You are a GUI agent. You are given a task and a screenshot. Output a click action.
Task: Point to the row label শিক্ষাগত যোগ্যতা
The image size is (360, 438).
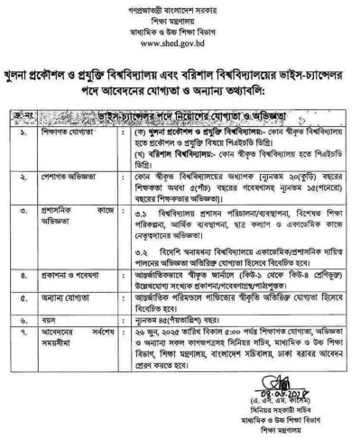pos(69,130)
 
